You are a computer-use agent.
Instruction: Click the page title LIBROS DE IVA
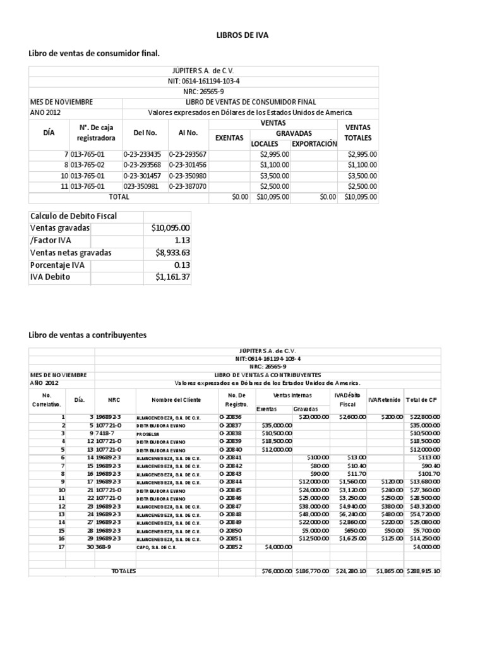point(242,35)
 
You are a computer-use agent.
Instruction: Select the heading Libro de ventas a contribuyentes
point(88,334)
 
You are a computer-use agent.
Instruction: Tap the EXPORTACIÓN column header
point(314,143)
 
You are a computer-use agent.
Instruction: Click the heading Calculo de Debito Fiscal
point(73,216)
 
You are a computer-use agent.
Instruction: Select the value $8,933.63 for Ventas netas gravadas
point(172,252)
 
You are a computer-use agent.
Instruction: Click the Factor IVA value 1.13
point(182,240)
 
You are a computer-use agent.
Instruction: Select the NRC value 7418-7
point(107,433)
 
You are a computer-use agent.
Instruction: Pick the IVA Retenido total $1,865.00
point(385,571)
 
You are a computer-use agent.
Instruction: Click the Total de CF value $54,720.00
point(424,514)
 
